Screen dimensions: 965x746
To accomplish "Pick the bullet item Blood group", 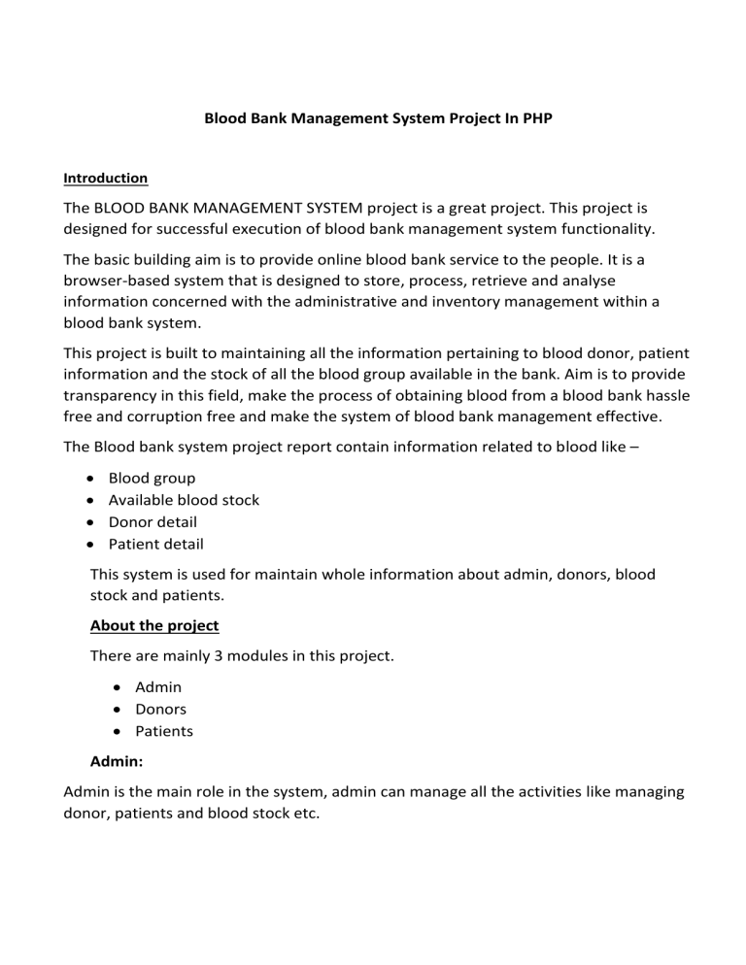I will coord(152,479).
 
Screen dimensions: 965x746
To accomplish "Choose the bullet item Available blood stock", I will coord(184,500).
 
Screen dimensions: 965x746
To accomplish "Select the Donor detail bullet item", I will coord(153,522).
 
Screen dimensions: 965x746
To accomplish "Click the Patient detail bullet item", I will coord(155,544).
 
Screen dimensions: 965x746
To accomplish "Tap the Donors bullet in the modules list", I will coord(161,709).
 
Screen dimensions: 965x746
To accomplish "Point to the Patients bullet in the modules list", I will coord(164,731).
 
